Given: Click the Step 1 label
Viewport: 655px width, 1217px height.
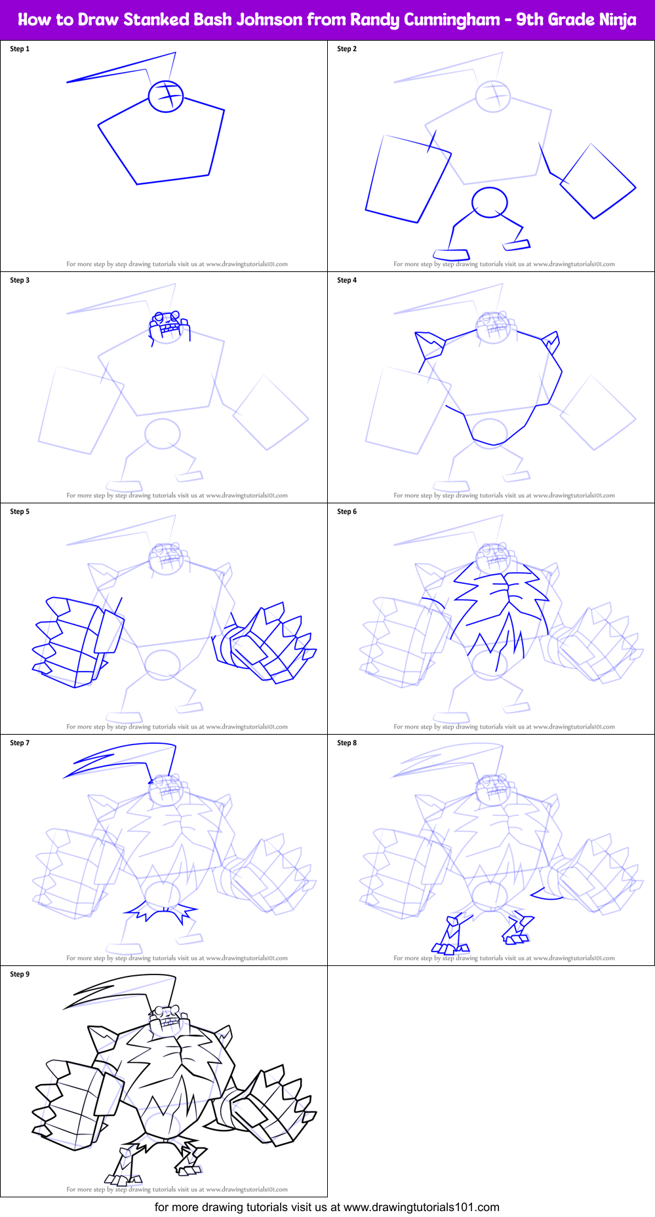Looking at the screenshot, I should [20, 49].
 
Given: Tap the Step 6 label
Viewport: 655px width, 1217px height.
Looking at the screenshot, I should [347, 512].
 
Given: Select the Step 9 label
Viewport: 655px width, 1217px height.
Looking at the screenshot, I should [20, 975].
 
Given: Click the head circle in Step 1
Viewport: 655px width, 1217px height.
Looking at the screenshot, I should [165, 96].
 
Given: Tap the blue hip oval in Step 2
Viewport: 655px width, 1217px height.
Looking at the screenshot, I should [490, 202].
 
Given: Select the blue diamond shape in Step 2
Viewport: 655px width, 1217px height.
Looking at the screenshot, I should [597, 182].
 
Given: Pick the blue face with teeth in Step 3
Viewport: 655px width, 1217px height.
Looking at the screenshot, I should [169, 325].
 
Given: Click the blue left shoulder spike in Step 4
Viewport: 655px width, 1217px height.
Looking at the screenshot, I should [429, 345].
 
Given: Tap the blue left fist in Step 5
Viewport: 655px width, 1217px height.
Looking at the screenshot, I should [75, 642].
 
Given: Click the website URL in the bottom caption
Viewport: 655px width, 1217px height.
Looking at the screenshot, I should [421, 1207].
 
